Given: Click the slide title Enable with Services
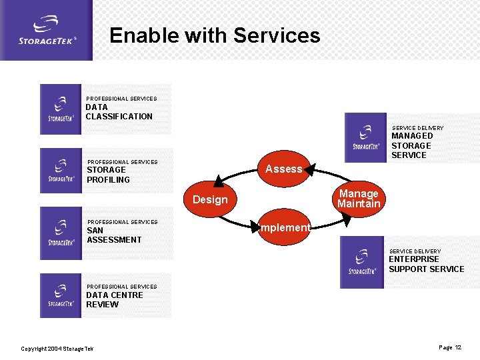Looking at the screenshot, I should (215, 35).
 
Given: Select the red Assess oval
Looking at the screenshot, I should (284, 169).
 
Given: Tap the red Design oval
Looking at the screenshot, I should (210, 199).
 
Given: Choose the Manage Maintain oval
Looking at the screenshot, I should (359, 199).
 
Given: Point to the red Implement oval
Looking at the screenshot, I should (284, 228).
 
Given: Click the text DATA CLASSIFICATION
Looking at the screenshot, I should (119, 111).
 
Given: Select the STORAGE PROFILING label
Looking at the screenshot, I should (108, 175).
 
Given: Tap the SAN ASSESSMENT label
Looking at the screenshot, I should (114, 235).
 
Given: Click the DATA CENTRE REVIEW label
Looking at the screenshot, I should (114, 300).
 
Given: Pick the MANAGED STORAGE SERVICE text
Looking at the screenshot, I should (411, 145).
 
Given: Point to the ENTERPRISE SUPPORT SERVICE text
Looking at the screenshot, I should (426, 264).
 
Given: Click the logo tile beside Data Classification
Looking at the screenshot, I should (61, 109).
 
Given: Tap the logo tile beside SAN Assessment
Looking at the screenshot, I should (61, 233).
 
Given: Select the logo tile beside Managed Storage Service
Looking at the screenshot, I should (365, 138).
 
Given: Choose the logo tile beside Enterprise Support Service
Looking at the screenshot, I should (362, 262).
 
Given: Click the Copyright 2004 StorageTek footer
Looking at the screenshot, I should (57, 349).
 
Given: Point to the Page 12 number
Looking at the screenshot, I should (450, 347).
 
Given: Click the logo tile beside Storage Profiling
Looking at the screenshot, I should (61, 171).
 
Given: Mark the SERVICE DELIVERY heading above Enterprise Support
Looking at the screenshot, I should (415, 251).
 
